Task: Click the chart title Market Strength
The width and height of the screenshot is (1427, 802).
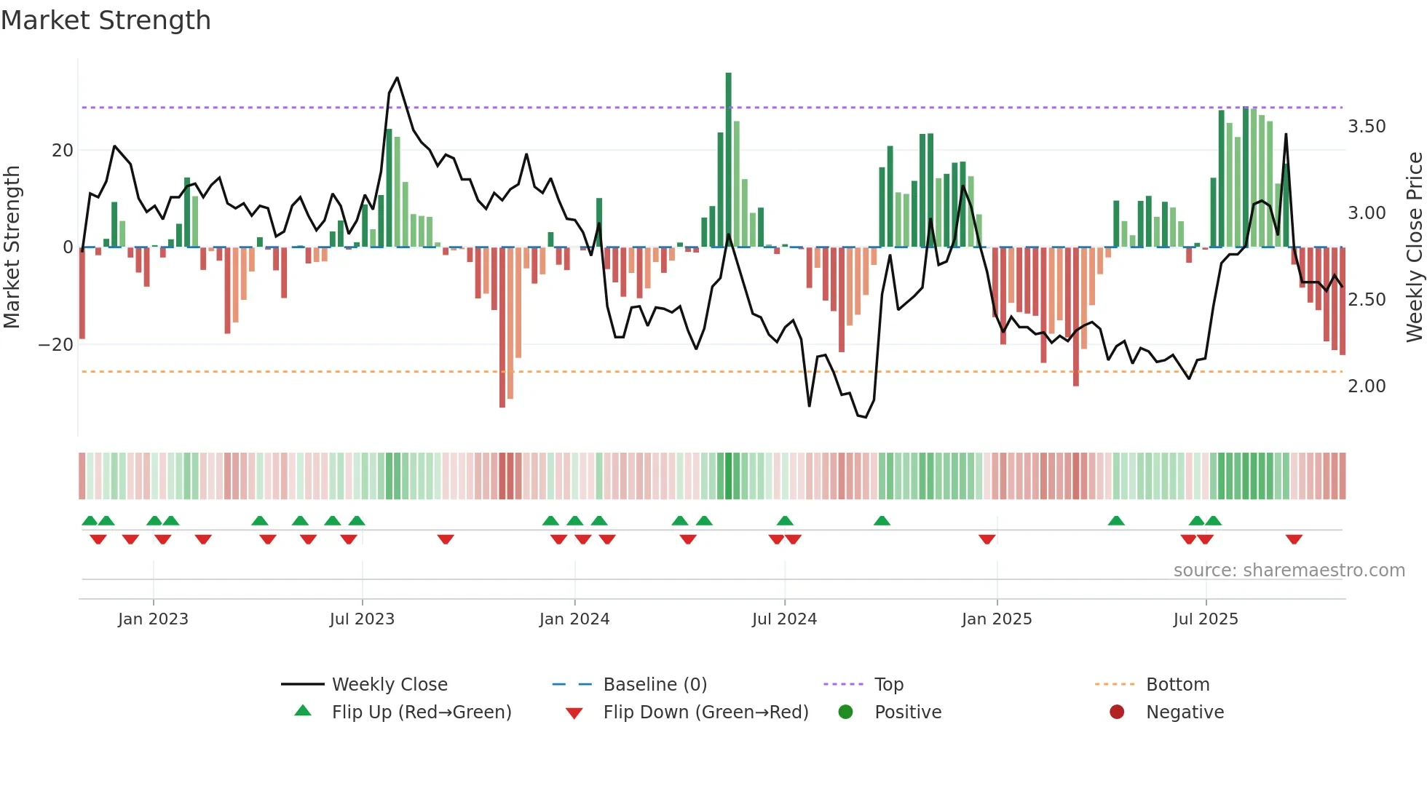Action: (x=106, y=20)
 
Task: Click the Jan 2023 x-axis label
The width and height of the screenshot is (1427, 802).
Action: (x=153, y=619)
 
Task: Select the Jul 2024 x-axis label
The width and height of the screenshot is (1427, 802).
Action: (x=784, y=619)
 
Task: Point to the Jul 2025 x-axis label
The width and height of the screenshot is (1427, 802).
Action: (x=1205, y=619)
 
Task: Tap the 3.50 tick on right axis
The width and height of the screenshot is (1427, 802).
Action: (x=1367, y=127)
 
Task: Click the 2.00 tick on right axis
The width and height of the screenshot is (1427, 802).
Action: (x=1367, y=386)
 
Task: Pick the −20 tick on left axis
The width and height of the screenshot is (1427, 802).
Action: (x=56, y=345)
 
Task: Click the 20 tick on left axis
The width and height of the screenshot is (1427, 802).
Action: (x=63, y=151)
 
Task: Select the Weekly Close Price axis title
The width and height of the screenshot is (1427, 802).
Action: (x=1414, y=247)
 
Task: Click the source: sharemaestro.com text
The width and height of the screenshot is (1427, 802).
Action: (x=1289, y=571)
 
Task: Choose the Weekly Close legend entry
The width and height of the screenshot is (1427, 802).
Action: (x=390, y=685)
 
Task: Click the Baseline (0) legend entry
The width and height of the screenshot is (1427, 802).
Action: (x=655, y=685)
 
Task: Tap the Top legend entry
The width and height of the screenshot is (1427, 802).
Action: (x=888, y=685)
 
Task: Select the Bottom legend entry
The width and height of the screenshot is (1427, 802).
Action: (x=1177, y=685)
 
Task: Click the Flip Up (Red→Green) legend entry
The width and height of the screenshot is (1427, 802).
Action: (x=421, y=712)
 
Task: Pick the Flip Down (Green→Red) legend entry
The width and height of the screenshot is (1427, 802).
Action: (x=705, y=712)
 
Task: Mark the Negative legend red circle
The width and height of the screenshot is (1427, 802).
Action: (x=1117, y=712)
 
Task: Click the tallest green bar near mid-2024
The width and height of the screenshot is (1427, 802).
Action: (x=728, y=160)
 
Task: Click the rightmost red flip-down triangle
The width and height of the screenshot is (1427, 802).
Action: (x=1294, y=539)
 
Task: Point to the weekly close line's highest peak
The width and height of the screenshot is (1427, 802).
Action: (x=397, y=78)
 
